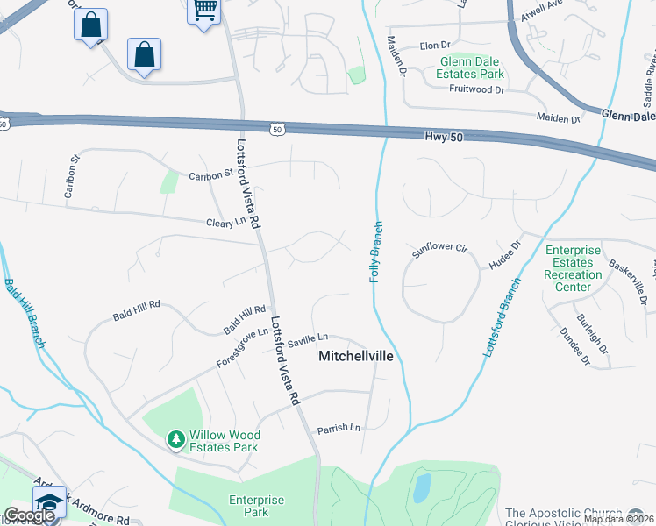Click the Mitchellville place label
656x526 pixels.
click(x=354, y=357)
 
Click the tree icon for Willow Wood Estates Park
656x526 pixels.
click(x=176, y=437)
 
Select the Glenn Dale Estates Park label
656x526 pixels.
click(x=472, y=68)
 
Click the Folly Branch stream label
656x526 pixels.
click(x=376, y=251)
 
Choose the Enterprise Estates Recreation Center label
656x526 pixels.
click(x=573, y=268)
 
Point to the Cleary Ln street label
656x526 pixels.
click(x=226, y=223)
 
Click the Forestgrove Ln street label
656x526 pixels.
click(x=243, y=348)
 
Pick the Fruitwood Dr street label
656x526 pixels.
click(x=476, y=89)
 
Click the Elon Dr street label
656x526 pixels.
click(x=435, y=45)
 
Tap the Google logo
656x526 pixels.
click(x=28, y=515)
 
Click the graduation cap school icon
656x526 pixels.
click(x=49, y=503)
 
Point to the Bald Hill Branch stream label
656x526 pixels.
click(x=24, y=313)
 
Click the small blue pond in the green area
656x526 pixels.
click(x=422, y=487)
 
